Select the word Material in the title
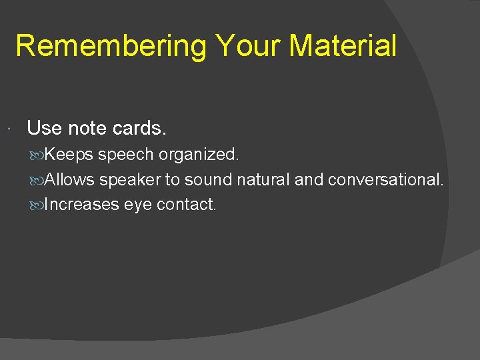tap(343, 47)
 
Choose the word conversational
tap(385, 179)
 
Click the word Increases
tap(82, 205)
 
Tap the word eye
tap(138, 205)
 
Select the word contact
tap(186, 205)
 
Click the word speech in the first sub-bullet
tap(126, 155)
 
